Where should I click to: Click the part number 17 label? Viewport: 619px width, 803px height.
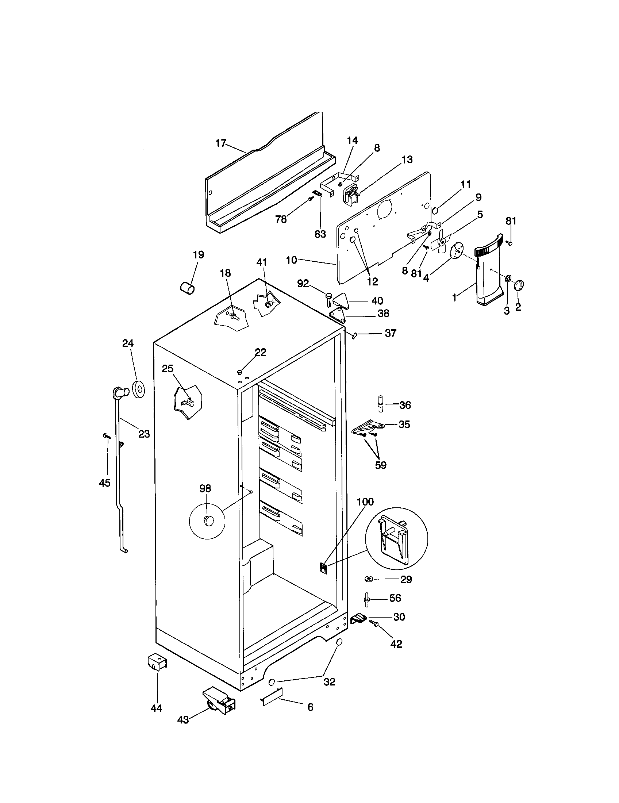(220, 143)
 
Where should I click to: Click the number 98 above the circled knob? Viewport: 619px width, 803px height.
(205, 488)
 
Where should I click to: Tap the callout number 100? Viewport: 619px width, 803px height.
(365, 502)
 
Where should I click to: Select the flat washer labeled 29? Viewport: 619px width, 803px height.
(369, 580)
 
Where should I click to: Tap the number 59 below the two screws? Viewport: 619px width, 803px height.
(381, 465)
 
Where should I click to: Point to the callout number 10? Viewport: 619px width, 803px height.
(291, 260)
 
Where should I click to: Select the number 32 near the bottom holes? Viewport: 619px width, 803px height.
(330, 682)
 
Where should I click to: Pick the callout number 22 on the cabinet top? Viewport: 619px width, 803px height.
(260, 352)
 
